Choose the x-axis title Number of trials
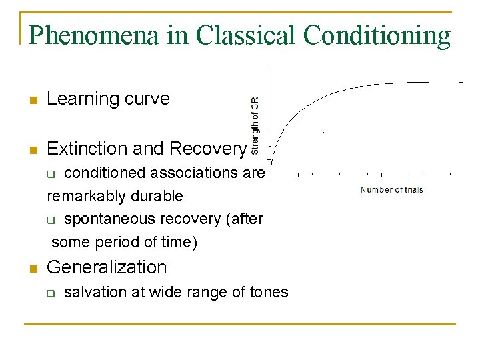391,190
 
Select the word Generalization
107,267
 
